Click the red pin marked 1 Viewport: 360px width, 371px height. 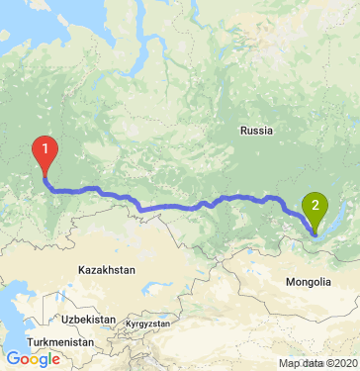coord(45,151)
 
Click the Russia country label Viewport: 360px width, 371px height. coord(256,130)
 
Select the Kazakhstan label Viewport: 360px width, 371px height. coord(107,269)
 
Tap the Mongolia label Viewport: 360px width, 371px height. coord(309,283)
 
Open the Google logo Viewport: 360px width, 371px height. coord(33,360)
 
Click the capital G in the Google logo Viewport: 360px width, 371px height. coord(13,360)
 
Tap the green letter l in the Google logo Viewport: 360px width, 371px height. coord(48,359)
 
